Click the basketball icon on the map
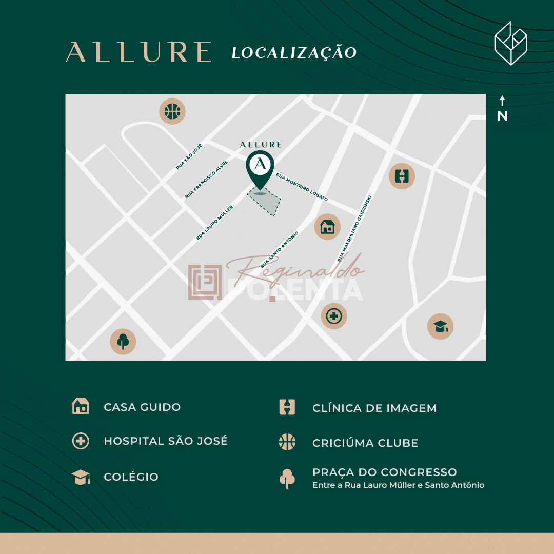pyautogui.click(x=172, y=112)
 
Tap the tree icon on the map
pyautogui.click(x=123, y=341)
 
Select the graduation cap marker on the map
pyautogui.click(x=440, y=326)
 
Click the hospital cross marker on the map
pyautogui.click(x=334, y=316)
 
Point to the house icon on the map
pyautogui.click(x=327, y=227)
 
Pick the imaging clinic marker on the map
pyautogui.click(x=402, y=176)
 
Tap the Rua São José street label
pyautogui.click(x=189, y=156)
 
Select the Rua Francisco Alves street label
pyautogui.click(x=206, y=179)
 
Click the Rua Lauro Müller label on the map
pyautogui.click(x=214, y=223)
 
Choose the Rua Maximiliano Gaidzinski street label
pyautogui.click(x=354, y=228)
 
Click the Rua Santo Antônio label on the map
pyautogui.click(x=280, y=249)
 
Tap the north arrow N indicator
pyautogui.click(x=502, y=109)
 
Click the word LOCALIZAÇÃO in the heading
pyautogui.click(x=294, y=52)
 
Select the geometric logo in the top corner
pyautogui.click(x=510, y=44)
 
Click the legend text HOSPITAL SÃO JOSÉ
pyautogui.click(x=165, y=441)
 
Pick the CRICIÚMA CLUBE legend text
pyautogui.click(x=365, y=443)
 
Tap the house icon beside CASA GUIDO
pyautogui.click(x=81, y=406)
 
